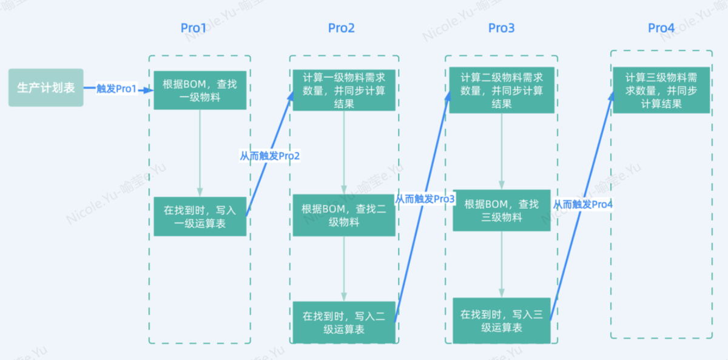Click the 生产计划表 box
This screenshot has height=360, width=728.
pos(46,88)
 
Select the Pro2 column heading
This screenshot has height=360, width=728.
pos(341,28)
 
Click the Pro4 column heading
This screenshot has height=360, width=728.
pos(661,28)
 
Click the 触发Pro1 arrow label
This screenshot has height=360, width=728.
pos(116,89)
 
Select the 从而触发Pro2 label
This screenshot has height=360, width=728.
pos(270,156)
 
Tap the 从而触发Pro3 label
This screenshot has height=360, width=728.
pos(425,199)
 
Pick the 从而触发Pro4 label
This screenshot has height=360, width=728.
pos(582,205)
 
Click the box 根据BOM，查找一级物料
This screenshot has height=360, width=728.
pos(200,90)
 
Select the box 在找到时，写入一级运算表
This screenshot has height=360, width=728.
pos(200,217)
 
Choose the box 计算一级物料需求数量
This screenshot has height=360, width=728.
pos(344,90)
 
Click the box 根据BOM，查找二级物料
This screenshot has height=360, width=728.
pos(344,215)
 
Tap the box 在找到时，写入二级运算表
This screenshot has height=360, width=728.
pos(344,322)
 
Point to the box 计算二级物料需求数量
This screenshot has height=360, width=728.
pos(501,90)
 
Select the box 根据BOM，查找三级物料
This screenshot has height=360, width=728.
pos(501,210)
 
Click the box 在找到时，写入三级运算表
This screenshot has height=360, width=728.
pos(501,321)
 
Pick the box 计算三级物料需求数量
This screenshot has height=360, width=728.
pos(661,90)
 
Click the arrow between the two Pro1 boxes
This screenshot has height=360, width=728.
pos(200,153)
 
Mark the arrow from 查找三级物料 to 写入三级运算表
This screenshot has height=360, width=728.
pos(501,264)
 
